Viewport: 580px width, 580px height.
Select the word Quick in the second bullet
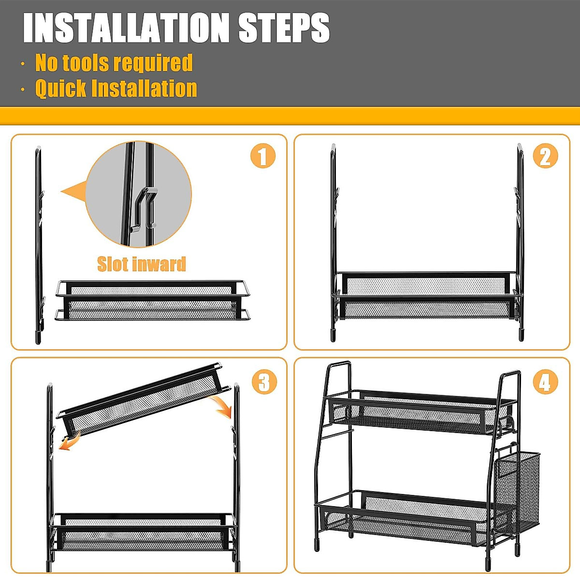(x=61, y=88)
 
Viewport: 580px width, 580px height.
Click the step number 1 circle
(x=263, y=156)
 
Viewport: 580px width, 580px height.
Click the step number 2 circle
(x=545, y=156)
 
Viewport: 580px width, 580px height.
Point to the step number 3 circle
(x=264, y=382)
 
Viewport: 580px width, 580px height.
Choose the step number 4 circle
(x=545, y=382)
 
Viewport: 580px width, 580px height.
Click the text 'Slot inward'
(x=142, y=264)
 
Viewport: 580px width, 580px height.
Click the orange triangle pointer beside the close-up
(x=74, y=192)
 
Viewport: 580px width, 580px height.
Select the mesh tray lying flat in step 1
(x=153, y=300)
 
